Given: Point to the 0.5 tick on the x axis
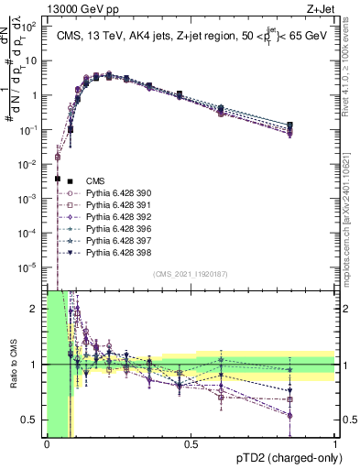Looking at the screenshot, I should [191, 444].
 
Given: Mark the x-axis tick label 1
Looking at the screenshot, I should [334, 444].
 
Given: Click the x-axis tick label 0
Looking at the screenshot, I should [47, 444].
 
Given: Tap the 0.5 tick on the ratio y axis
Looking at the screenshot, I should [34, 420].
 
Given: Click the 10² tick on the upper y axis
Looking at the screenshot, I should [33, 27].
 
